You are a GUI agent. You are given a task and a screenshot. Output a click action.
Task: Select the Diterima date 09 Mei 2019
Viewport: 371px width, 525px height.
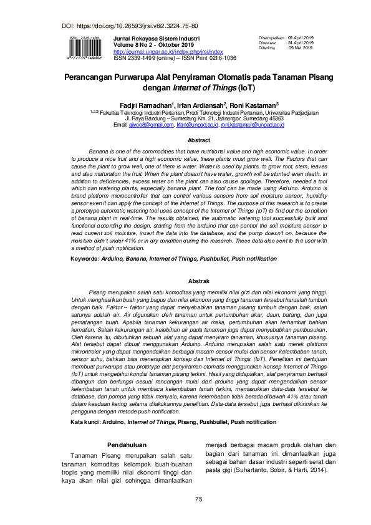point(301,47)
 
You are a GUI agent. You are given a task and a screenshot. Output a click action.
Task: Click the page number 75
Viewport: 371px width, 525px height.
point(199,500)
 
